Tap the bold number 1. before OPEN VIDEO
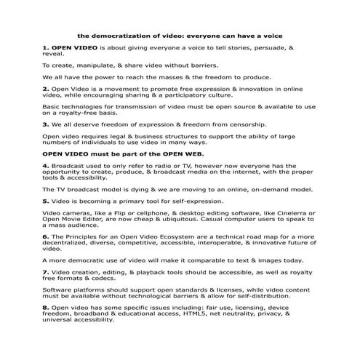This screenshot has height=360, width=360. pyautogui.click(x=45, y=47)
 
